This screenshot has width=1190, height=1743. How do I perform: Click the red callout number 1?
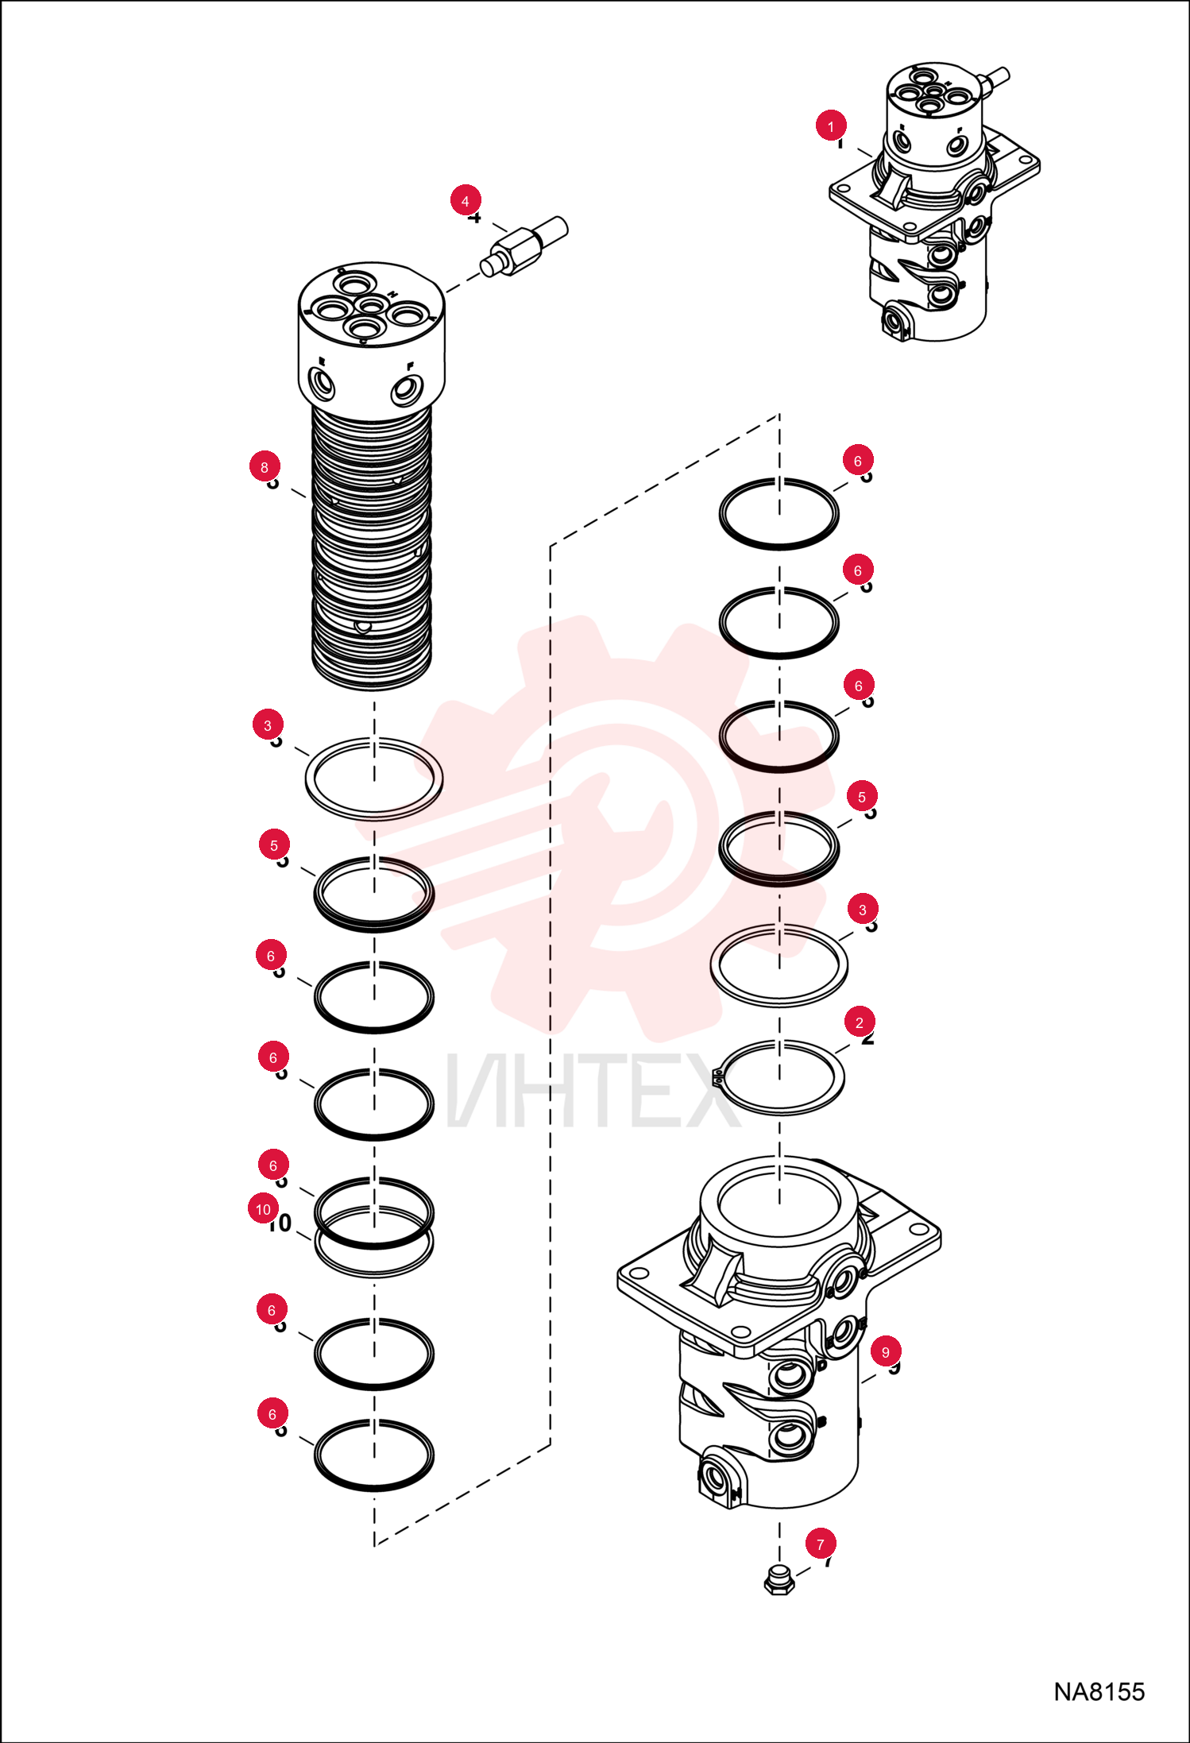point(831,126)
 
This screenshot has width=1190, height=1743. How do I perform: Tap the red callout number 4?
point(466,200)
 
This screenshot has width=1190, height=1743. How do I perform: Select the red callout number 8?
point(265,466)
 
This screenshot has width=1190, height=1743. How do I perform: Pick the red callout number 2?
point(860,1022)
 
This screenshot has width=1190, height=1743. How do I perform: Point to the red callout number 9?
point(886,1351)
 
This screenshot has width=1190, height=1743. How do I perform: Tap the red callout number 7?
point(821,1544)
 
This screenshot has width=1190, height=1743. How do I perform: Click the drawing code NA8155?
point(1099,1692)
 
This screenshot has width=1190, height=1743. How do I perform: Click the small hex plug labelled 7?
point(779,1581)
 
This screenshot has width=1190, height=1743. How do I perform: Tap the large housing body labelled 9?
point(779,1331)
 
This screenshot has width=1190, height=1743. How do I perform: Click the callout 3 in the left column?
point(268,725)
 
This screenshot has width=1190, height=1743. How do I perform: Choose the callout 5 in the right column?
point(862,796)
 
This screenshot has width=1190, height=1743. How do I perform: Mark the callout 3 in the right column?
point(863,909)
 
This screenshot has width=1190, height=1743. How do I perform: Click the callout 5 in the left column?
point(274,844)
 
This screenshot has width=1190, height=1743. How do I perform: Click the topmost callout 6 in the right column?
point(858,460)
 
